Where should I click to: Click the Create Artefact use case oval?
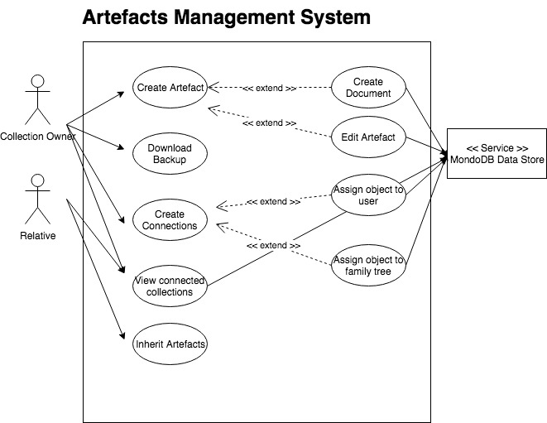coord(169,88)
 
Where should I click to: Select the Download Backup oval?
coord(169,154)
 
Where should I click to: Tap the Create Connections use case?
coord(169,220)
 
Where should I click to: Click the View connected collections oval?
coord(169,286)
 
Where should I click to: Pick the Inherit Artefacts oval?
coord(169,343)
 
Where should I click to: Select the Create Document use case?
coord(368,88)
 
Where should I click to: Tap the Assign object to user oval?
coord(368,195)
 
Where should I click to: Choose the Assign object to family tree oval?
coord(368,265)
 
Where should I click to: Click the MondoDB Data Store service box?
coord(497,154)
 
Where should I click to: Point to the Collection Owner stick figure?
coord(36,99)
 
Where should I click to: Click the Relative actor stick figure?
coord(36,199)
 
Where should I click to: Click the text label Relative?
coord(37,236)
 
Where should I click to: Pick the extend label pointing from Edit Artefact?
coord(269,123)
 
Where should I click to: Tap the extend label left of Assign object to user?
coord(273,201)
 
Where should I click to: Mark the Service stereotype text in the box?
coord(497,147)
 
